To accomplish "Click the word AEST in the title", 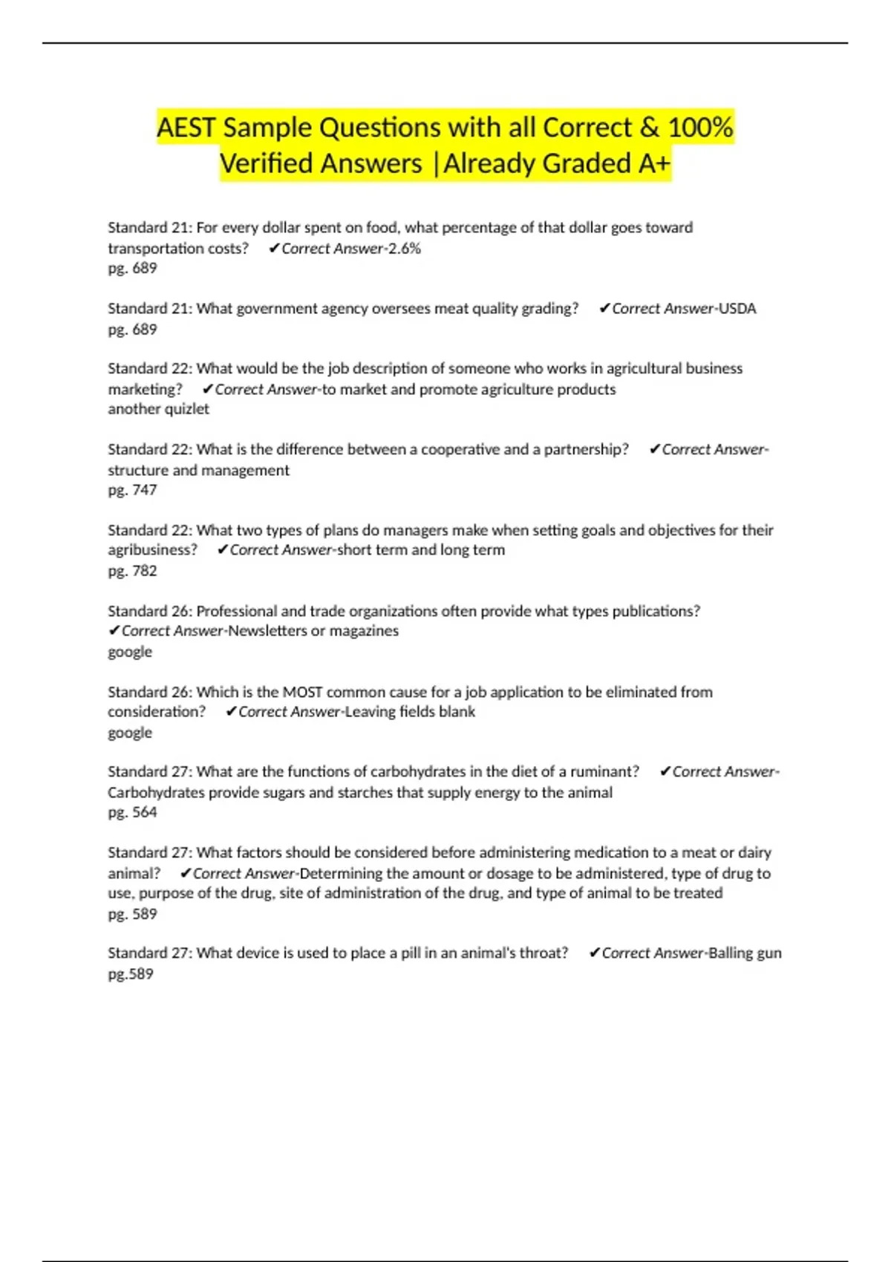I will tap(186, 128).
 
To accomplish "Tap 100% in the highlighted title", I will tap(700, 128).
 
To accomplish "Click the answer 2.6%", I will tap(405, 249).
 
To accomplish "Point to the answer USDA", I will tap(737, 309).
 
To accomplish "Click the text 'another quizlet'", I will tap(158, 409).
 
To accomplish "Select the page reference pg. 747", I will tap(132, 490).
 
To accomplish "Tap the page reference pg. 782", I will tap(132, 571).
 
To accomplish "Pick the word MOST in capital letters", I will tap(302, 692).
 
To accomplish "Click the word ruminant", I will tap(604, 772).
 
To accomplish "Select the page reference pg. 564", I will tap(132, 812).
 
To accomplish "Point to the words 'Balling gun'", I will tap(745, 953).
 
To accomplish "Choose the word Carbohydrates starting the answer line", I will tap(156, 793).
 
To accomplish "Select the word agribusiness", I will tap(152, 550).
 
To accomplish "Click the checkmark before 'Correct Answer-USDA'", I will tap(604, 309).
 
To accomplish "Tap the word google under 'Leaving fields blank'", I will tap(130, 733).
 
